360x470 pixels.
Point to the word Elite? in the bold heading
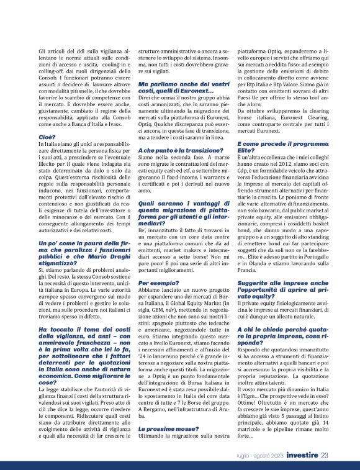coord(249,151)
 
